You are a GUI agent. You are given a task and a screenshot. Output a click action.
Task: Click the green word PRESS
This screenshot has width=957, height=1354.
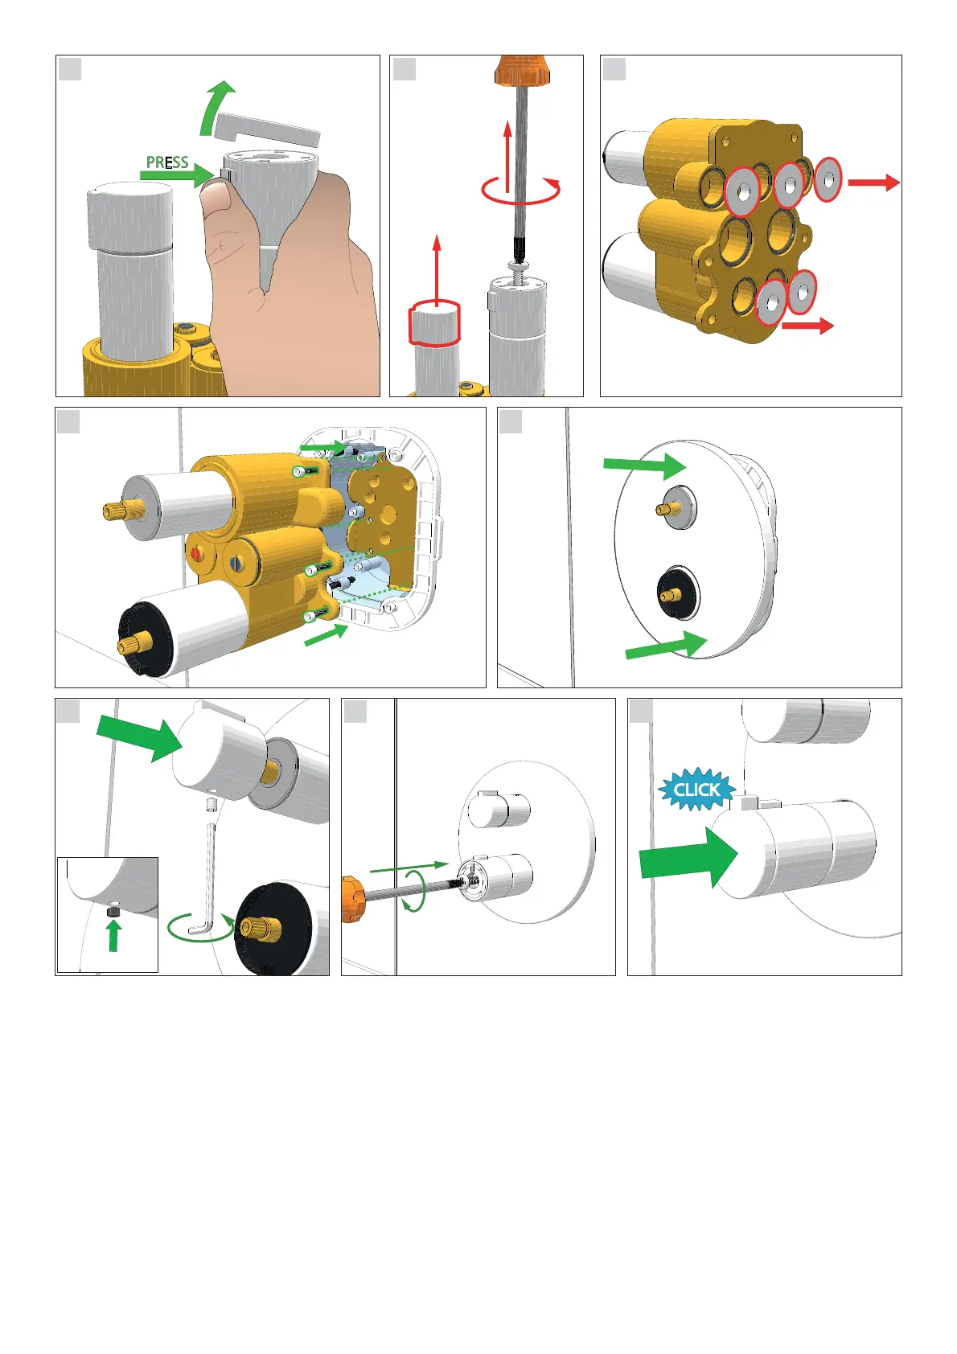coord(167,162)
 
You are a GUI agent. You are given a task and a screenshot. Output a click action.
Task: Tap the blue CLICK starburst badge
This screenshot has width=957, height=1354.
coord(696,789)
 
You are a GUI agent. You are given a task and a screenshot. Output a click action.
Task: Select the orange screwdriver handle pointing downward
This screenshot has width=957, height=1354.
coord(521,70)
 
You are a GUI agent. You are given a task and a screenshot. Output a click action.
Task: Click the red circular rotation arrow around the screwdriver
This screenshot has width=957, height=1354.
coord(520,190)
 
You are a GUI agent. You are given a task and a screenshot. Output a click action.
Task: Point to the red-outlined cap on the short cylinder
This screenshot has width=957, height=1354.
coord(434,322)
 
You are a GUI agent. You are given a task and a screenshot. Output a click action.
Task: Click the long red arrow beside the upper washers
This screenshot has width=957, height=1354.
coord(873,182)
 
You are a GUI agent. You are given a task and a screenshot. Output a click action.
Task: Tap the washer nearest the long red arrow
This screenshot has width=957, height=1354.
coord(828,179)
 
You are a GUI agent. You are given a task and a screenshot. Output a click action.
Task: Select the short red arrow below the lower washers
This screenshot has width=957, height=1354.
coord(807,326)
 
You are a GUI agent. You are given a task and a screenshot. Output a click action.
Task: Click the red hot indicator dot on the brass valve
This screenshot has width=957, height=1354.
coord(196,553)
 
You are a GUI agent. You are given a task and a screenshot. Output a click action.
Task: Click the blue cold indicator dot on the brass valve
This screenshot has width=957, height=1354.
coord(234,561)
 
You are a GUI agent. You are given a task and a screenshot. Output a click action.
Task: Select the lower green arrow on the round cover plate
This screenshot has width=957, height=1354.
coord(666,645)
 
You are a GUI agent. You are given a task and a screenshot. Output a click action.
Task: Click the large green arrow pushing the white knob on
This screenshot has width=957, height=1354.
coord(140,737)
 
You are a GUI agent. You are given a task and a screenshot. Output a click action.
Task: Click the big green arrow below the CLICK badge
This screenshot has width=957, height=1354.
coord(688,857)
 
